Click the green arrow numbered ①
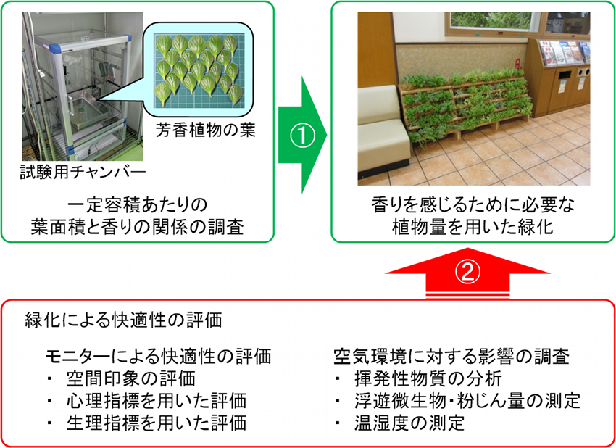pyautogui.click(x=302, y=135)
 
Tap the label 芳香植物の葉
pyautogui.click(x=205, y=130)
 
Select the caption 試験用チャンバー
pyautogui.click(x=83, y=172)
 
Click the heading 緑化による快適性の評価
pyautogui.click(x=123, y=320)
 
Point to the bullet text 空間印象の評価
pyautogui.click(x=131, y=379)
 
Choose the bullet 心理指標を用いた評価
pyautogui.click(x=157, y=401)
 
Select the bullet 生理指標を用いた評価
pyautogui.click(x=157, y=423)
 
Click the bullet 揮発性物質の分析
pyautogui.click(x=428, y=379)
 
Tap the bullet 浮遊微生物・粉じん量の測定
pyautogui.click(x=467, y=401)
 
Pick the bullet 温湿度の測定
pyautogui.click(x=409, y=423)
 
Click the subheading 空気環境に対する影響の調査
pyautogui.click(x=451, y=357)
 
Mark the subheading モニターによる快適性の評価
pyautogui.click(x=158, y=357)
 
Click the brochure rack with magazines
pyautogui.click(x=565, y=52)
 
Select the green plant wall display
pyautogui.click(x=464, y=104)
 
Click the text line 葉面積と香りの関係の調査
pyautogui.click(x=137, y=227)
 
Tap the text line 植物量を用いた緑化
pyautogui.click(x=473, y=227)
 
